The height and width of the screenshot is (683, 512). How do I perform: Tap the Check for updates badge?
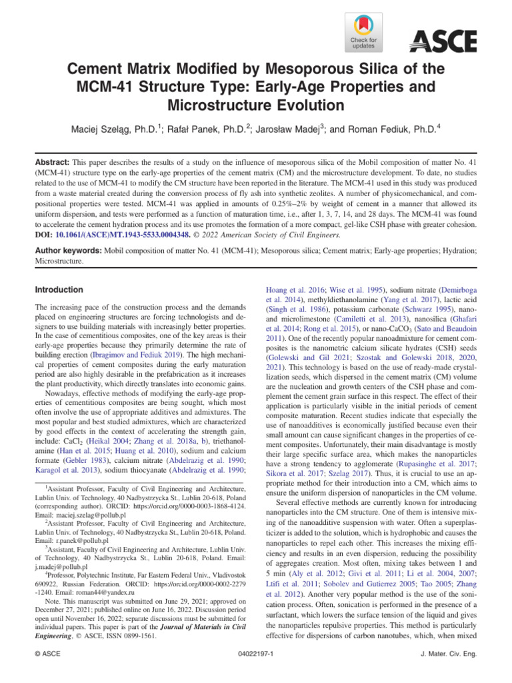pyautogui.click(x=364, y=33)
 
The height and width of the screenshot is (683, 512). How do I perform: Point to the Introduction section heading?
pyautogui.click(x=59, y=290)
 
